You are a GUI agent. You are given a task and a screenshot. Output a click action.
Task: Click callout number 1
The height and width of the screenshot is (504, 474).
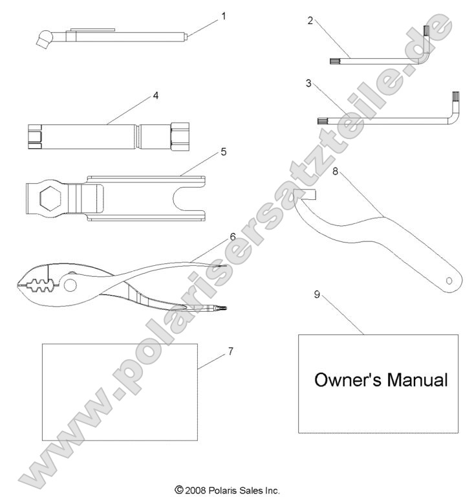point(224,16)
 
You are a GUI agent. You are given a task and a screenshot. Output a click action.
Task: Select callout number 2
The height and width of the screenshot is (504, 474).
point(310,21)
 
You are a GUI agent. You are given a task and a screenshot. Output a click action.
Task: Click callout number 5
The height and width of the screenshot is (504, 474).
point(205,152)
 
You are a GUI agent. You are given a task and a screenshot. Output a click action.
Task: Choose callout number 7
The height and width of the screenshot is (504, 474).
point(230,351)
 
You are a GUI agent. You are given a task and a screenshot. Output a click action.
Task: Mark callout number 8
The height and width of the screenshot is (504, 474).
point(335,171)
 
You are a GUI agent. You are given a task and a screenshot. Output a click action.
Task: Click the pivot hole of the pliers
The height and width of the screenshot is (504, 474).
point(69,285)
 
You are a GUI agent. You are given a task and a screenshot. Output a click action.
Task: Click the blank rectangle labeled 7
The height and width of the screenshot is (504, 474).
point(119,391)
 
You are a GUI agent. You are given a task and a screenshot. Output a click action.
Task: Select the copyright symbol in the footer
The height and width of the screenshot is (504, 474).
point(178,490)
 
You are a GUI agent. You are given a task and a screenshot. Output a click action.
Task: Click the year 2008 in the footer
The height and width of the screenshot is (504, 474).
point(194,490)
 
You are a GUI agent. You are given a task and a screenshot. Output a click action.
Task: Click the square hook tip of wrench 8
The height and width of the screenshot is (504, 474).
point(305,195)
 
